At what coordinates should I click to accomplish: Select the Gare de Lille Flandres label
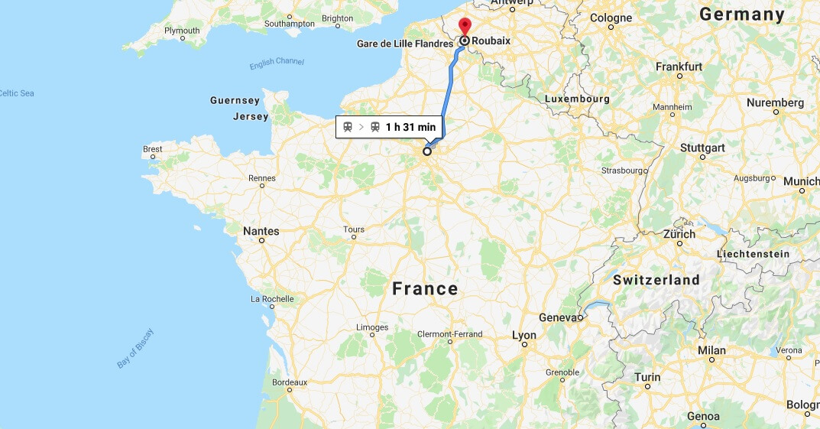(405, 44)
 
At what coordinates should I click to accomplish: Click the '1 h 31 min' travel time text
(410, 127)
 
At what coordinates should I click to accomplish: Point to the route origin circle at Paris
(427, 151)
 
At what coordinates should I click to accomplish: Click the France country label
(425, 289)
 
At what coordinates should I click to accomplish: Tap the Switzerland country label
(656, 280)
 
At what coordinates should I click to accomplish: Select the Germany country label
(741, 15)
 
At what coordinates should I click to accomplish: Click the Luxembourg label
(577, 99)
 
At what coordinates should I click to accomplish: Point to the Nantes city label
(261, 231)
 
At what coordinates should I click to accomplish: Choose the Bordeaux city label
(289, 382)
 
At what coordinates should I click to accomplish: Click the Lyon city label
(524, 335)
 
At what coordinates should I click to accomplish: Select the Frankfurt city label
(679, 67)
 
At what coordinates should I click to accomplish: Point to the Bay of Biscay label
(135, 349)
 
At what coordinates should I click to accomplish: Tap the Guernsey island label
(235, 100)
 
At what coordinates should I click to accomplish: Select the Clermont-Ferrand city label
(449, 334)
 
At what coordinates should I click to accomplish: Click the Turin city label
(647, 377)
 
